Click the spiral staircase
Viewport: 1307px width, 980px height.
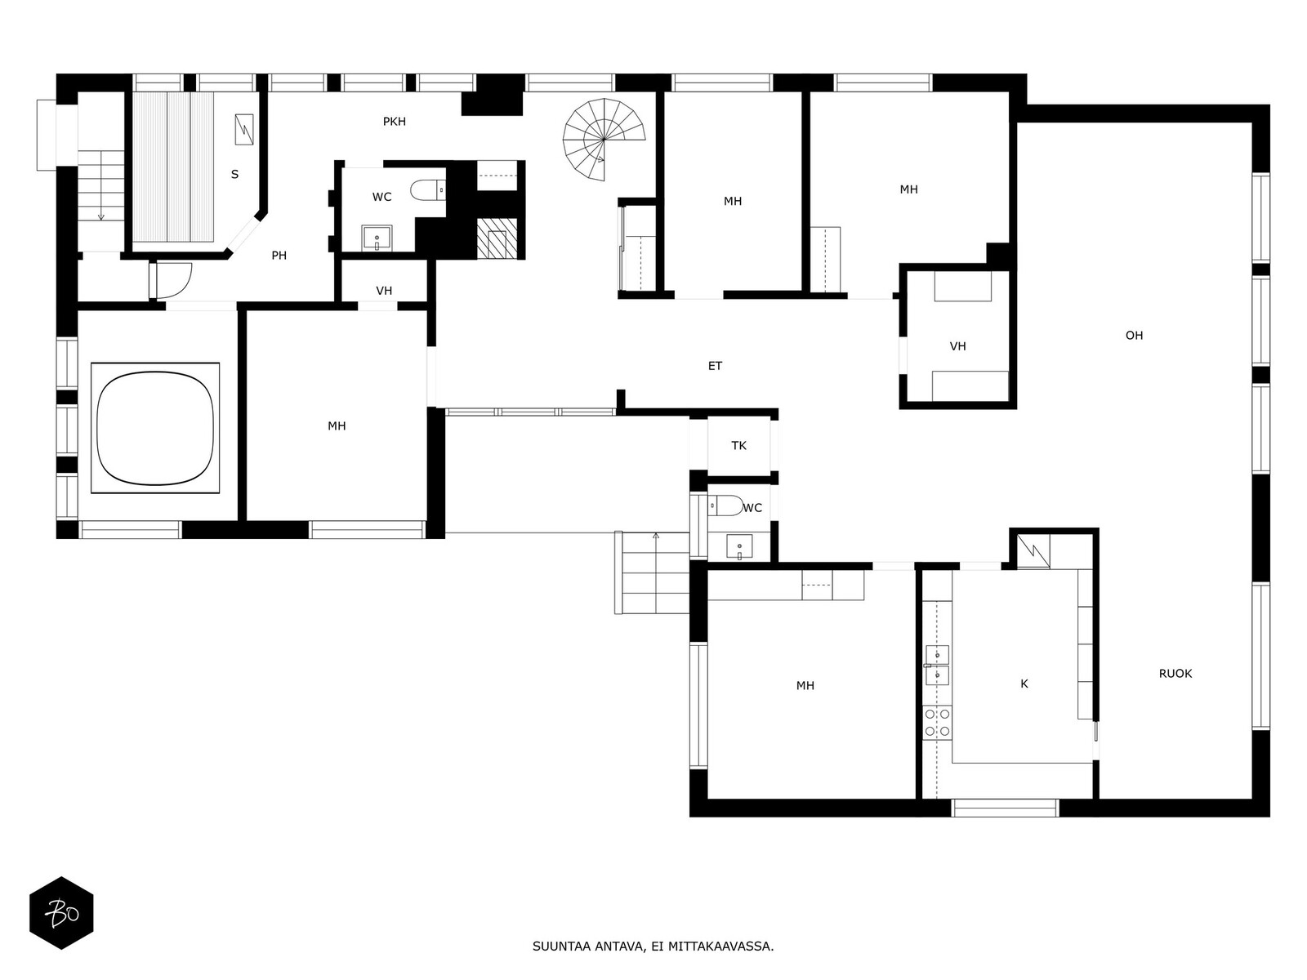coord(603,140)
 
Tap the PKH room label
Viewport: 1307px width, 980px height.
coord(395,122)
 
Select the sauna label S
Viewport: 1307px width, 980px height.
coord(234,174)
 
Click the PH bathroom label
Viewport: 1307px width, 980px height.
coord(279,256)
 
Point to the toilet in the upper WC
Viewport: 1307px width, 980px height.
coord(427,189)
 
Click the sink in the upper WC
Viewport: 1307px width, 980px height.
coord(377,238)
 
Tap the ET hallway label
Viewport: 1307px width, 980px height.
coord(715,366)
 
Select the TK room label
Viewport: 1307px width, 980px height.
coord(738,446)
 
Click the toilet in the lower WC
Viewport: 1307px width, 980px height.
coord(725,506)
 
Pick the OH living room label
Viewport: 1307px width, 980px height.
coord(1134,336)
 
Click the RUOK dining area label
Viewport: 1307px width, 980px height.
coord(1175,674)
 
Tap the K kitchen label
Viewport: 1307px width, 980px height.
coord(1024,684)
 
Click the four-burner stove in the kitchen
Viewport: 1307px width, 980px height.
coord(937,723)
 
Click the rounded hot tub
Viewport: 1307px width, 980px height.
coord(155,428)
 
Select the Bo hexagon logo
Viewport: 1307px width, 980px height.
coord(61,913)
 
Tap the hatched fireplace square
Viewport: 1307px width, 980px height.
coord(497,238)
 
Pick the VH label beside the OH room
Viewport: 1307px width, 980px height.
coord(957,346)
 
